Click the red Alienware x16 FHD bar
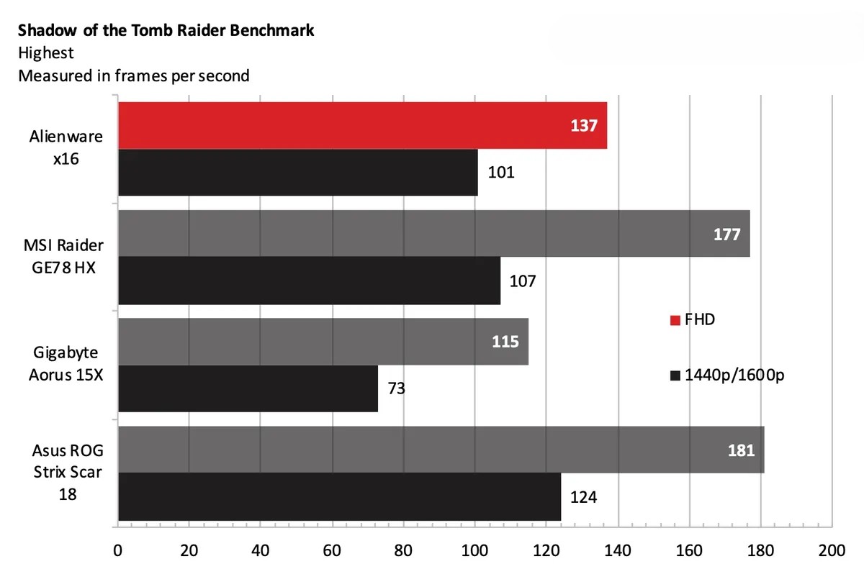point(360,126)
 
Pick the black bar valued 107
point(309,281)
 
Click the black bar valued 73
point(248,388)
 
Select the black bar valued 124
point(339,496)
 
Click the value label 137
point(584,126)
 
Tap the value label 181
point(741,450)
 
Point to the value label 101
point(501,173)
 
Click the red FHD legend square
point(675,320)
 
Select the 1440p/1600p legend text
point(733,375)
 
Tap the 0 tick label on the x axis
point(118,552)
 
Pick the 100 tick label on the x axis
point(474,552)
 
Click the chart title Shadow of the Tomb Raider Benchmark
point(166,31)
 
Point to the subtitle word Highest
point(46,53)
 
